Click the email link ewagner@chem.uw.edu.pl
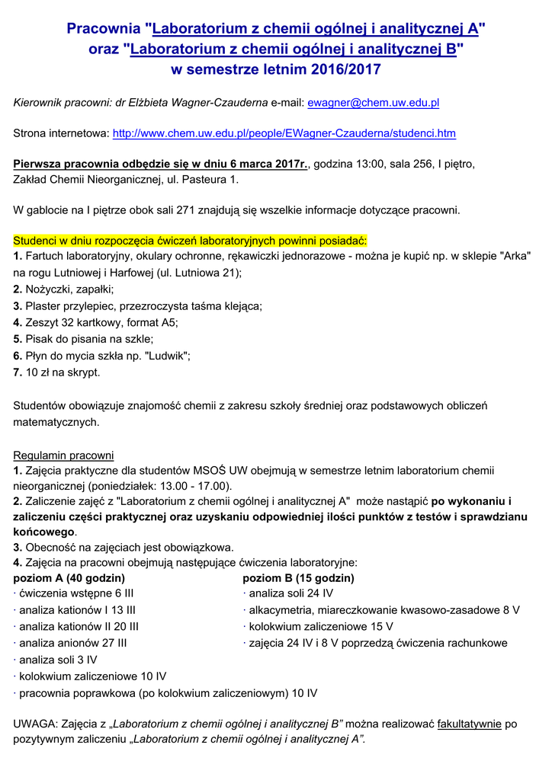(x=373, y=102)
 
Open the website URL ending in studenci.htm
(x=284, y=133)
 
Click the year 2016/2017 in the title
(x=343, y=70)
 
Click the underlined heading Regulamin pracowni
(x=63, y=456)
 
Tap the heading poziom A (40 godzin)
(x=69, y=578)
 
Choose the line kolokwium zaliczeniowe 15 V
(x=320, y=626)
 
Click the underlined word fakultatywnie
(x=469, y=724)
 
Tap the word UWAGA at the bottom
(x=34, y=724)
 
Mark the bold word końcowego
(x=44, y=531)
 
